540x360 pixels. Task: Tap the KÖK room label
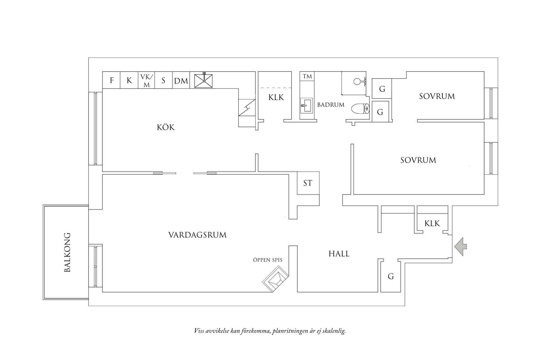pyautogui.click(x=166, y=127)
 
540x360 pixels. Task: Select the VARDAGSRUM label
pyautogui.click(x=197, y=235)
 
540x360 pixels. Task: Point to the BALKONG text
pyautogui.click(x=67, y=252)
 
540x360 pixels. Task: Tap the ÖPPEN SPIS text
pyautogui.click(x=268, y=260)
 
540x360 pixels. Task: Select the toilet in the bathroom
pyautogui.click(x=360, y=109)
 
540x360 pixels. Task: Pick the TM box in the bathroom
pyautogui.click(x=307, y=76)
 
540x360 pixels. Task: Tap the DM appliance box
pyautogui.click(x=181, y=81)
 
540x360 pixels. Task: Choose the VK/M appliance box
pyautogui.click(x=147, y=81)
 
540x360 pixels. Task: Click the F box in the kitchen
pyautogui.click(x=112, y=81)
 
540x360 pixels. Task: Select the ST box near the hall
pyautogui.click(x=308, y=183)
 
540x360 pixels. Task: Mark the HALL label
pyautogui.click(x=339, y=254)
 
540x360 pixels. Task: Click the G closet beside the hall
pyautogui.click(x=391, y=276)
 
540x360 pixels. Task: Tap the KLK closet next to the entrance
pyautogui.click(x=432, y=224)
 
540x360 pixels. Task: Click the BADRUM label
pyautogui.click(x=331, y=105)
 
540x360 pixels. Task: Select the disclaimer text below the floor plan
pyautogui.click(x=270, y=331)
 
